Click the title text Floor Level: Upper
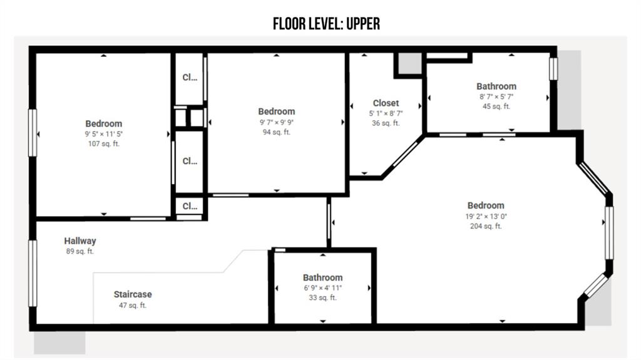click(x=326, y=24)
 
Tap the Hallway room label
click(x=80, y=241)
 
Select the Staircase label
click(x=133, y=294)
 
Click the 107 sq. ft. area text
click(x=104, y=143)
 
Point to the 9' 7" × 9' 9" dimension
click(x=277, y=122)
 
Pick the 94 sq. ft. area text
click(x=277, y=131)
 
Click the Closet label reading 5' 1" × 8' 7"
click(x=386, y=113)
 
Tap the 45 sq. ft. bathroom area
click(x=496, y=106)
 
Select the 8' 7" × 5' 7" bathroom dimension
click(x=496, y=96)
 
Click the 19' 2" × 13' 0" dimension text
click(x=486, y=216)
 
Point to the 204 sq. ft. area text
click(x=486, y=226)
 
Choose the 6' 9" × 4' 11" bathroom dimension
click(x=323, y=287)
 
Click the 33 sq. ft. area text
click(x=323, y=297)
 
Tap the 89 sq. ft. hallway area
click(x=80, y=251)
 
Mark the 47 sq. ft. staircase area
click(x=133, y=305)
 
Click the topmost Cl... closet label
click(x=190, y=77)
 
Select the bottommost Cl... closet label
click(x=190, y=206)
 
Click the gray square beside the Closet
click(x=409, y=63)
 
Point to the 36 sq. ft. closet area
click(x=386, y=123)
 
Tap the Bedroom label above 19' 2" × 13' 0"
click(x=486, y=205)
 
